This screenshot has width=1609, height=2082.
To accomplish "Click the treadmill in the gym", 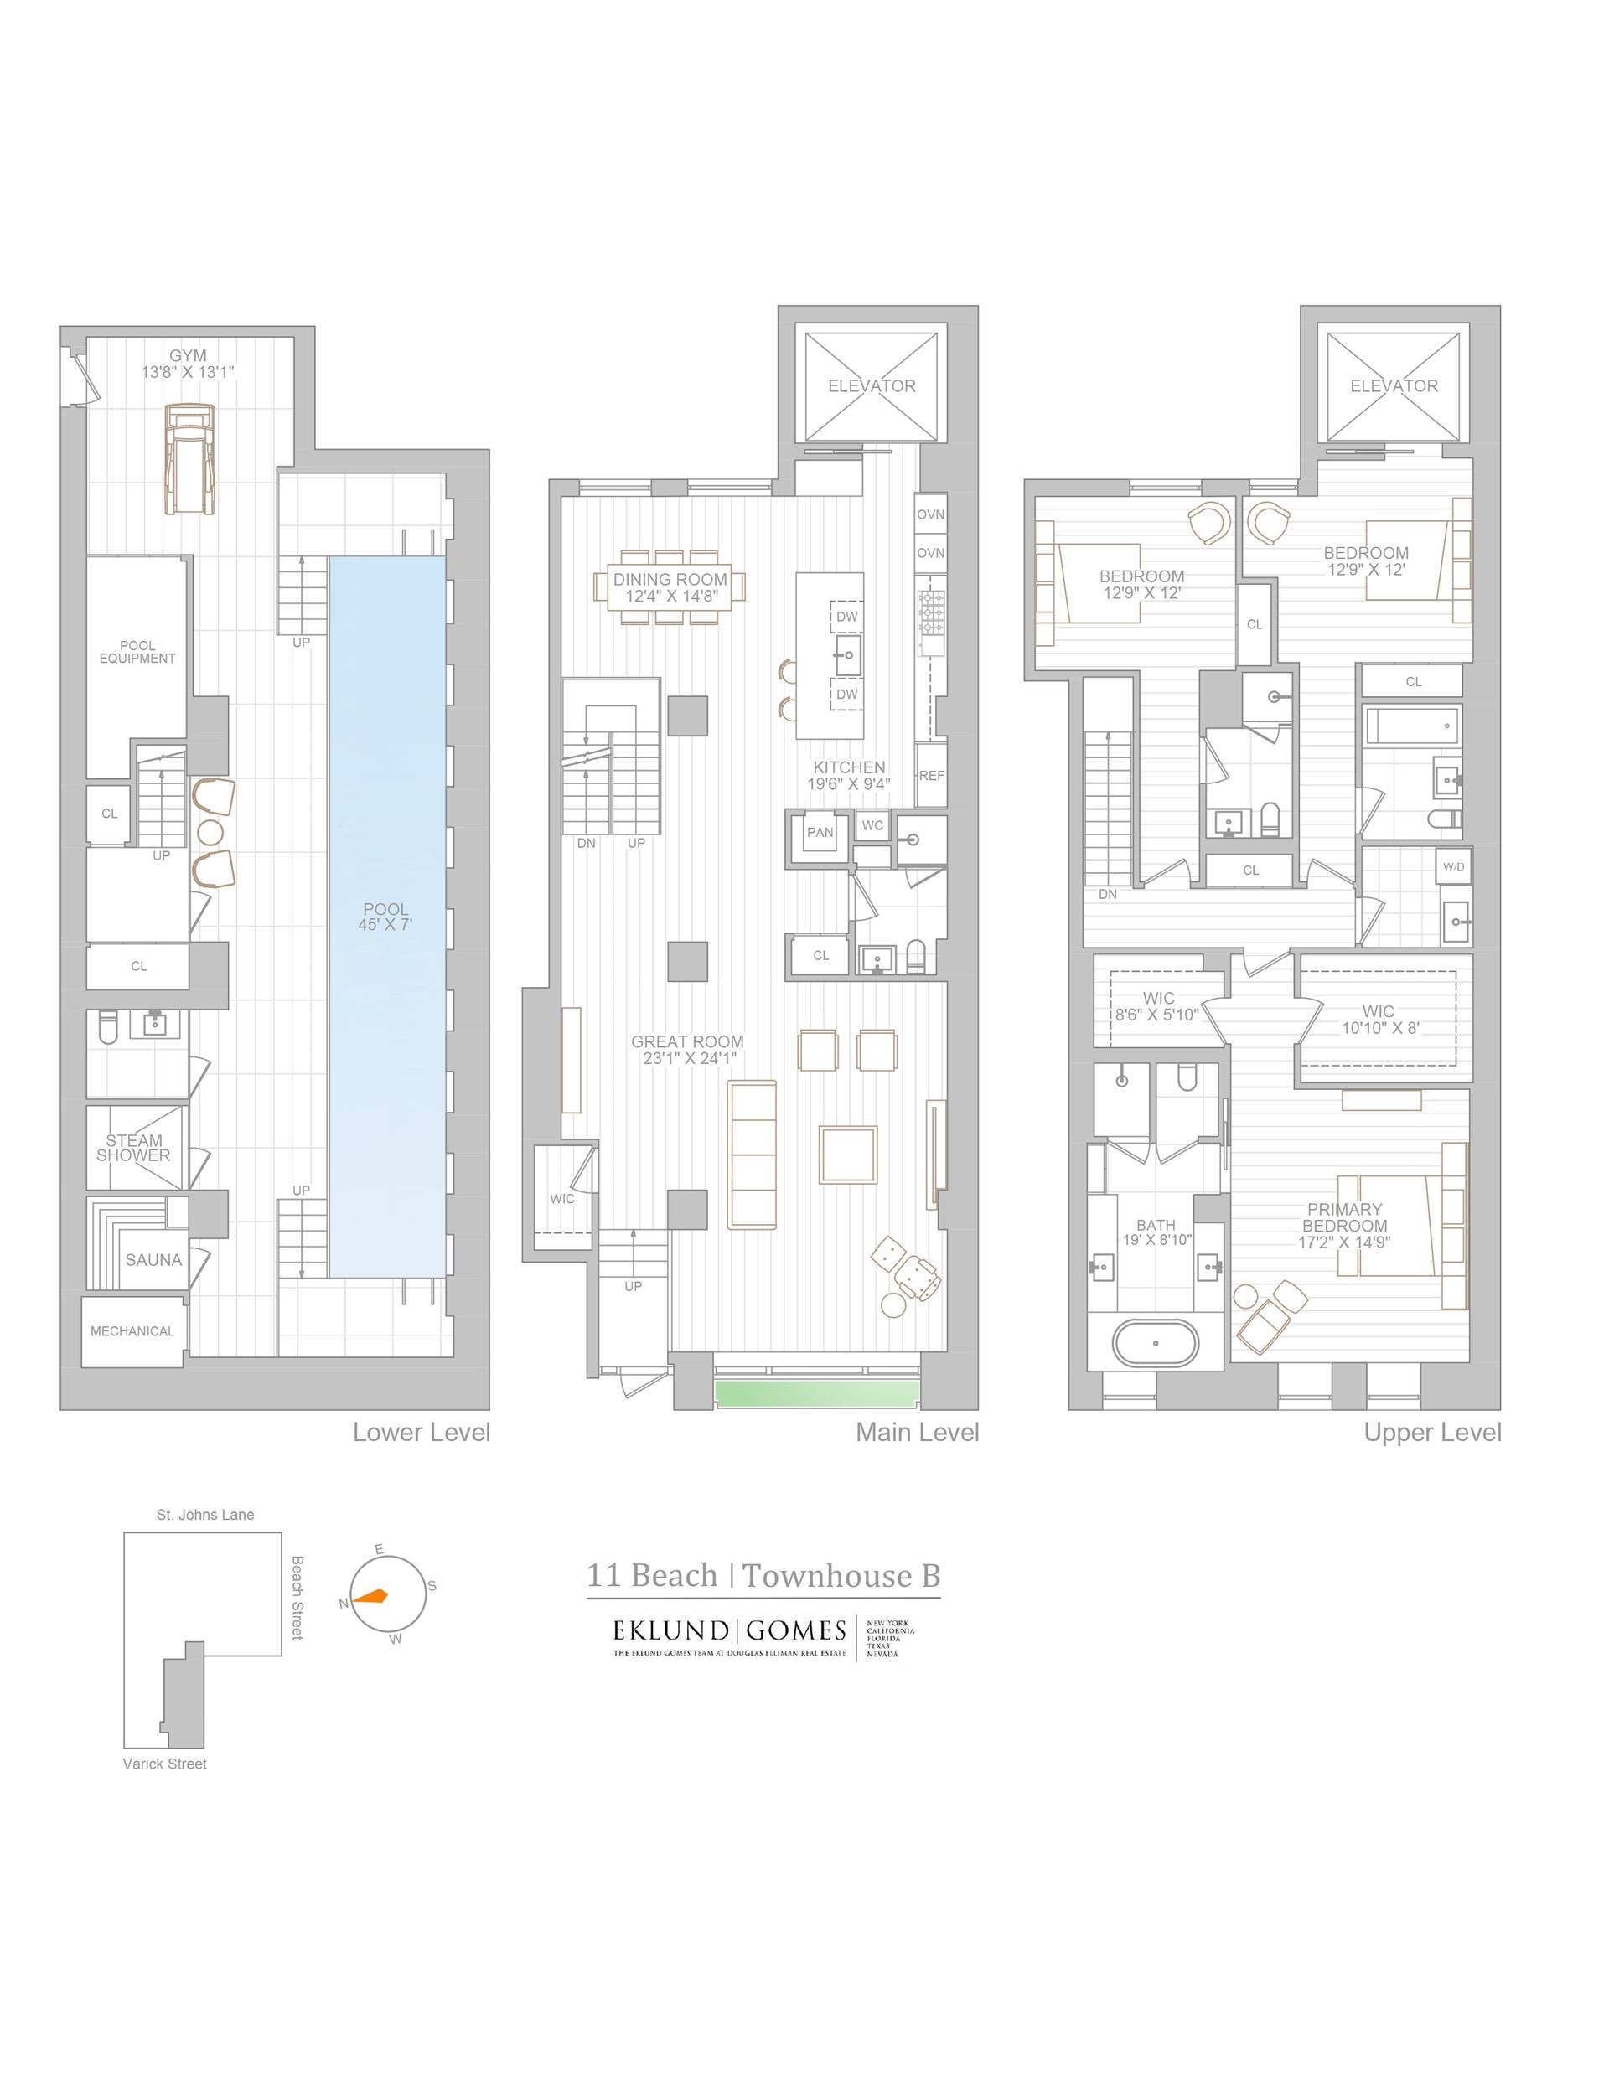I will click(189, 458).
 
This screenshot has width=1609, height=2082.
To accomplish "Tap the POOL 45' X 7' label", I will click(385, 916).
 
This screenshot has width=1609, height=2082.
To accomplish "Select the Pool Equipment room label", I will click(137, 652).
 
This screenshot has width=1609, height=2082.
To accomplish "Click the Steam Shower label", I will click(133, 1148).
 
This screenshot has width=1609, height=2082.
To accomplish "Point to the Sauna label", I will click(153, 1259).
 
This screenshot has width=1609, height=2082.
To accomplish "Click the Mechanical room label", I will click(132, 1330).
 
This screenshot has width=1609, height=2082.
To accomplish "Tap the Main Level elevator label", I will click(871, 386).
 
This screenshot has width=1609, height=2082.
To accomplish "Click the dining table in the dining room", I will click(670, 587).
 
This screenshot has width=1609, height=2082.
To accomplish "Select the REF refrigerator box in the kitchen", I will click(931, 775).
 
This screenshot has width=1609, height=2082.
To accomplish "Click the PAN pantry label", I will click(820, 832).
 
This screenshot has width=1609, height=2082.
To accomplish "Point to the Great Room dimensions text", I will click(686, 1058).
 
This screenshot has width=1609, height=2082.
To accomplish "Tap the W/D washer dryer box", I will click(1452, 866).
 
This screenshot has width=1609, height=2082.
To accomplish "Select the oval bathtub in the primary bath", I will click(1155, 1343).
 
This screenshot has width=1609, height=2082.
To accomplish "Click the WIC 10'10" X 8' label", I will click(1379, 1019).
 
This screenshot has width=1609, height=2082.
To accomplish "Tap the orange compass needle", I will click(371, 1596).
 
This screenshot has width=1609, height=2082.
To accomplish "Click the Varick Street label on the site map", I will click(164, 1764).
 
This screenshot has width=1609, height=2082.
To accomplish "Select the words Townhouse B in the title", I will click(841, 1576).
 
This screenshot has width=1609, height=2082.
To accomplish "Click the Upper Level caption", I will click(1431, 1432).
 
